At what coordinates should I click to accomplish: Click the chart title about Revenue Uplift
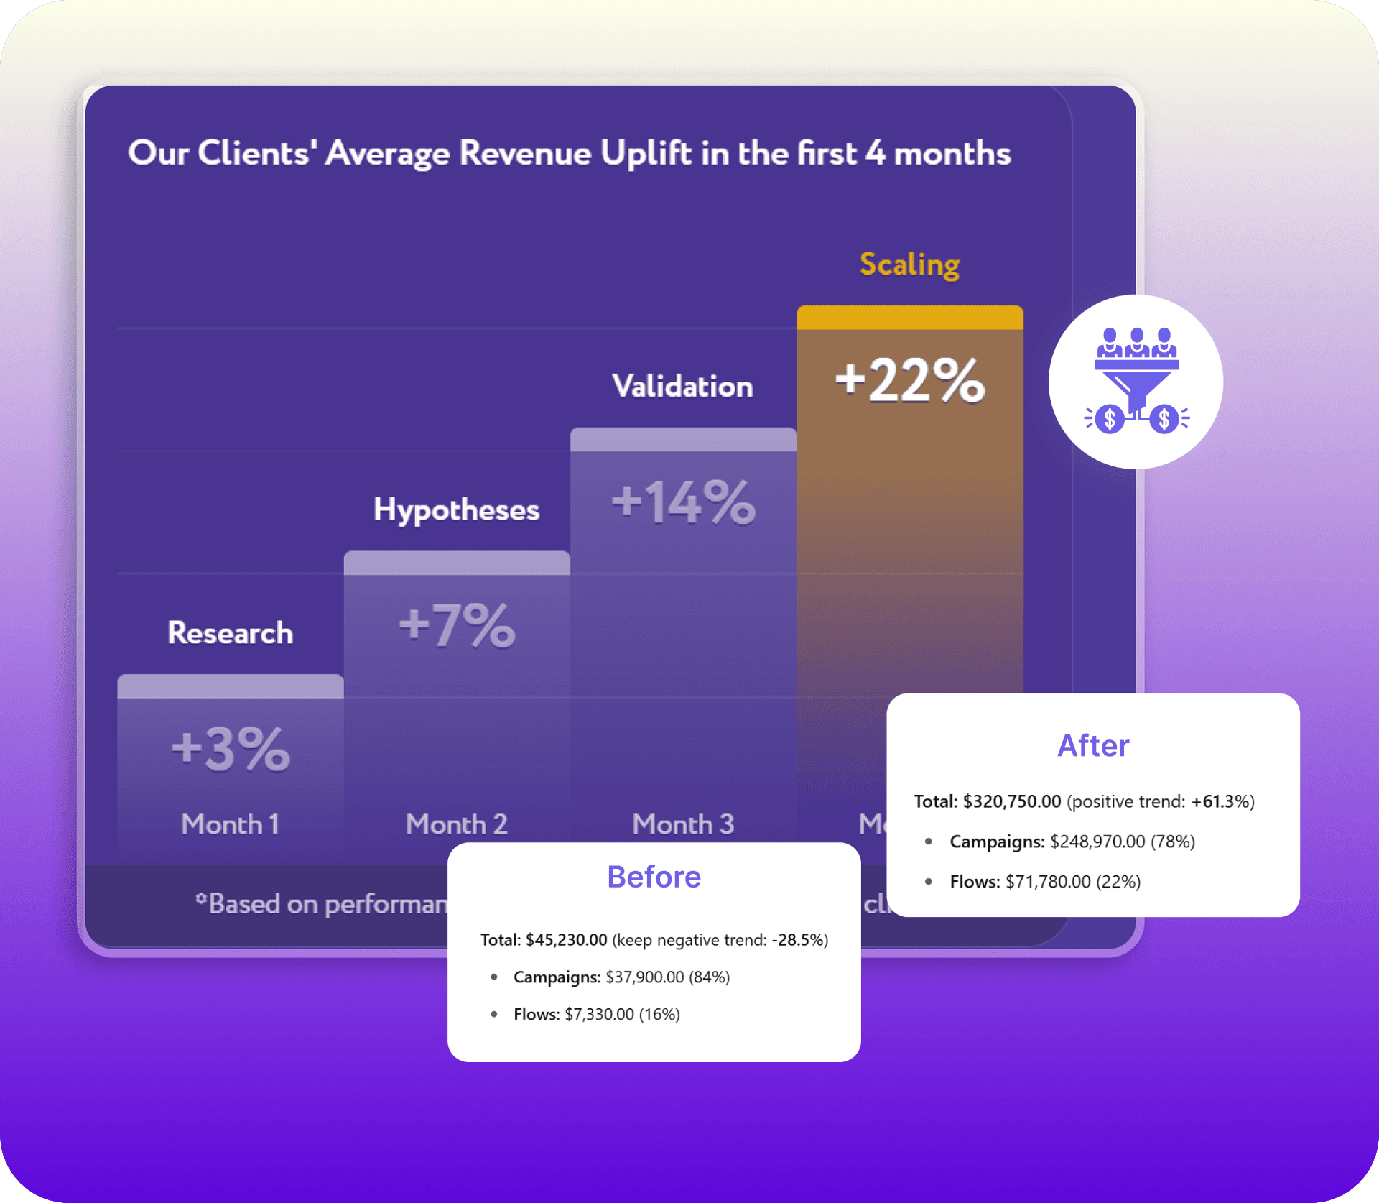(x=569, y=153)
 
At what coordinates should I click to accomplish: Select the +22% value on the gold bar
(x=909, y=380)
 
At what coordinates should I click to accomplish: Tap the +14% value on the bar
(x=683, y=502)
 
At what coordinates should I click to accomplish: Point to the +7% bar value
(x=457, y=625)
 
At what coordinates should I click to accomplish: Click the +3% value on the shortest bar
(x=231, y=749)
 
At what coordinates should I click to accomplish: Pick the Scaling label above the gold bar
(x=909, y=264)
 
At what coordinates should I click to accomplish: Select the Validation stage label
(x=682, y=387)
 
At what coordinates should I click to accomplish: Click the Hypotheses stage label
(x=456, y=510)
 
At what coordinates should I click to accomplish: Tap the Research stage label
(x=230, y=633)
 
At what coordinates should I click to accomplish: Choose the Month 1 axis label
(x=230, y=824)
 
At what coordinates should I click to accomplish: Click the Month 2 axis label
(x=456, y=824)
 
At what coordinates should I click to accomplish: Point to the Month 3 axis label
(x=682, y=824)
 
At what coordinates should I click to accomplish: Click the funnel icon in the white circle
(x=1136, y=382)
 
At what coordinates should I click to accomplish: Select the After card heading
(x=1092, y=746)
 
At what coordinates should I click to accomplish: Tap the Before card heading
(x=654, y=877)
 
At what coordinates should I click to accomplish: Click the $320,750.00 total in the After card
(x=1011, y=801)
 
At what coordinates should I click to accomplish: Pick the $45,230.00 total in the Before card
(x=566, y=940)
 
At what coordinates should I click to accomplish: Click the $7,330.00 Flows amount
(x=599, y=1014)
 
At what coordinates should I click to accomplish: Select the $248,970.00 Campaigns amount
(x=1097, y=842)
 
